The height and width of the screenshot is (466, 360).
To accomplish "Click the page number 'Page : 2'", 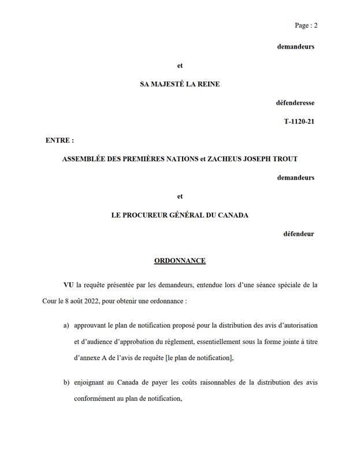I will click(x=306, y=25).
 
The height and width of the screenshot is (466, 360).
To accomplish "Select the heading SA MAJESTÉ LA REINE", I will click(x=180, y=84).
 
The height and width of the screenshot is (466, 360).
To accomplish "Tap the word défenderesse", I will click(x=295, y=103).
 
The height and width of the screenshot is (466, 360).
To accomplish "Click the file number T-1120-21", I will click(x=299, y=122).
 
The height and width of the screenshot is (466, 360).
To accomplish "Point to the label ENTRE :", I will click(x=60, y=140).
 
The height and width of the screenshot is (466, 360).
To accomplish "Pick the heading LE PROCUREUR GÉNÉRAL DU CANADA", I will click(x=180, y=215).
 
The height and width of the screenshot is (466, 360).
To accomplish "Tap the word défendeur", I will click(x=299, y=234).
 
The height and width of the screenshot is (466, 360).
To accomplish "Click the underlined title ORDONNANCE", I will click(x=180, y=261).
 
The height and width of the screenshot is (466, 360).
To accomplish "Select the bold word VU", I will click(x=69, y=285).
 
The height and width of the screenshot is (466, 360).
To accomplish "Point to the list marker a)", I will click(x=66, y=326).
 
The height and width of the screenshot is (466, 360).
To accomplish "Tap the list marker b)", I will click(x=66, y=382).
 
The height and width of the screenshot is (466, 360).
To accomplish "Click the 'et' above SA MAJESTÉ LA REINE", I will click(x=180, y=65).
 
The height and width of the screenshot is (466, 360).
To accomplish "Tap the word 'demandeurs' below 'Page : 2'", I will click(x=296, y=47).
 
